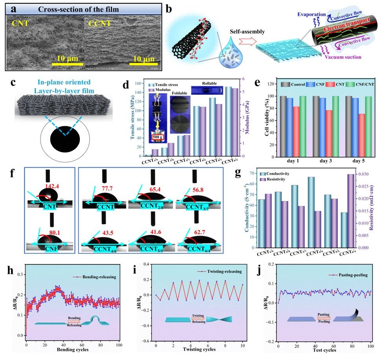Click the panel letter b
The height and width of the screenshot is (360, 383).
[x=170, y=9]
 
